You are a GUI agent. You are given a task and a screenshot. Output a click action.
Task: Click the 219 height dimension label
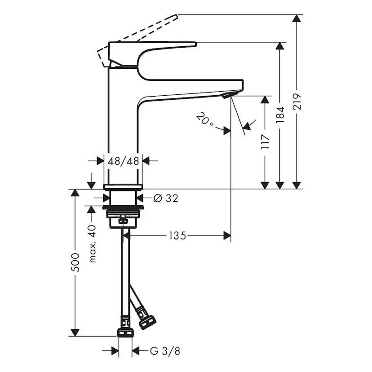tap(297, 102)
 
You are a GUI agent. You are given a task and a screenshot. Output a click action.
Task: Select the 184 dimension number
tap(280, 115)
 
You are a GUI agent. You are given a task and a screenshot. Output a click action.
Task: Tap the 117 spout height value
tap(265, 142)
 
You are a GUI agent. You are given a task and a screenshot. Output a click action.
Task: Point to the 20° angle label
tap(205, 120)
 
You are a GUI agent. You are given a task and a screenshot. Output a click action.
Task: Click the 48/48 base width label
tap(123, 161)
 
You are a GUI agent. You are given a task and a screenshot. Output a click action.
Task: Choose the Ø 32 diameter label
tap(166, 198)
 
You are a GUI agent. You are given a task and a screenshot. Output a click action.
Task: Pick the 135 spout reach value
tap(177, 235)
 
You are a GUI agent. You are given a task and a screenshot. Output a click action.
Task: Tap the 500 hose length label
tap(75, 263)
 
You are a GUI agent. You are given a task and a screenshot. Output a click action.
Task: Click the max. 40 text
tap(93, 244)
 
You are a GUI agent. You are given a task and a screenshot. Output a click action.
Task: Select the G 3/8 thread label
tap(165, 351)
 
